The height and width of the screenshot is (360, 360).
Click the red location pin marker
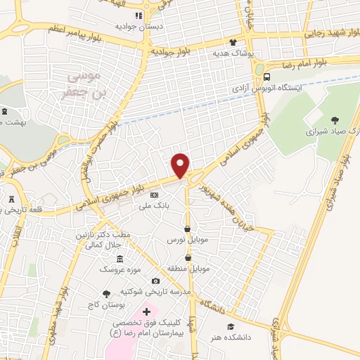click(181, 165)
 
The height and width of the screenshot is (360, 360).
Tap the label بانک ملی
click(155, 205)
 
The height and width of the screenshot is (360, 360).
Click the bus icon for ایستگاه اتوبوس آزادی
click(266, 77)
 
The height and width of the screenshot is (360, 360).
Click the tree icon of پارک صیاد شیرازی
click(334, 121)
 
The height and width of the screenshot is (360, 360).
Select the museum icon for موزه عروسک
click(120, 259)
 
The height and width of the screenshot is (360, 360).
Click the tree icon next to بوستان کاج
click(106, 294)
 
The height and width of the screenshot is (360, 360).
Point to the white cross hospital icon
click(146, 311)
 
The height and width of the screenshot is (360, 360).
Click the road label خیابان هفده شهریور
click(226, 208)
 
